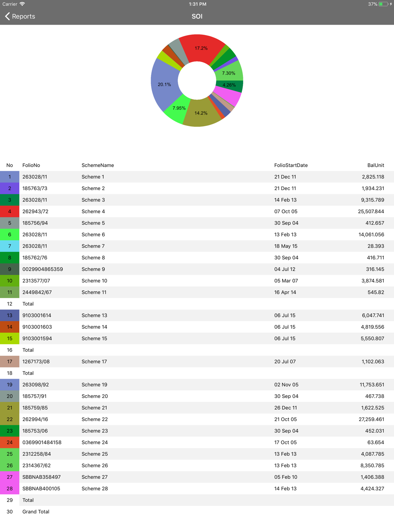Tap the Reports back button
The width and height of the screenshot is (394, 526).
[x=20, y=16]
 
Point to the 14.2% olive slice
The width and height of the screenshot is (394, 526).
[x=201, y=113]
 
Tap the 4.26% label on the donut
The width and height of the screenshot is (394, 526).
[x=229, y=85]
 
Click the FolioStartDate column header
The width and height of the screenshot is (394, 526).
[x=291, y=165]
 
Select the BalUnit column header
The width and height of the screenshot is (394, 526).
[x=375, y=165]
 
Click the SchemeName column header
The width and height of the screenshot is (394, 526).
[x=98, y=165]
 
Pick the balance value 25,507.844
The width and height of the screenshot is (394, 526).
[x=371, y=211]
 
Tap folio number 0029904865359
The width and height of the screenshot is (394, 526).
[x=43, y=269]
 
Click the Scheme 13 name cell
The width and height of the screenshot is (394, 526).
[x=94, y=315]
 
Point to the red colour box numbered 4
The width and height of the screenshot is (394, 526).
[x=9, y=211]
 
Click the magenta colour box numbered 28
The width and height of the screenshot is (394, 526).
[x=9, y=489]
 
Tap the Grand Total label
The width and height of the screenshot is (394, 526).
[x=36, y=512]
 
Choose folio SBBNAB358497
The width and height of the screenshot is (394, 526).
[x=41, y=477]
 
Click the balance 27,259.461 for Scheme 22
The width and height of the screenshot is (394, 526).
[x=371, y=419]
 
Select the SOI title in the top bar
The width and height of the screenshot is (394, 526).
[x=197, y=16]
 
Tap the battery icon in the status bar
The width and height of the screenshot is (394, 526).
[x=383, y=4]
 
